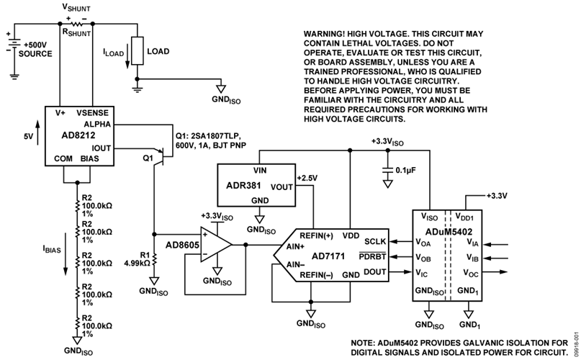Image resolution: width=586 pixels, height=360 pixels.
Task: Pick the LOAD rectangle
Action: point(135,52)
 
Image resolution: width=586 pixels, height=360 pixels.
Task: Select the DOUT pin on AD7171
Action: point(376,271)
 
